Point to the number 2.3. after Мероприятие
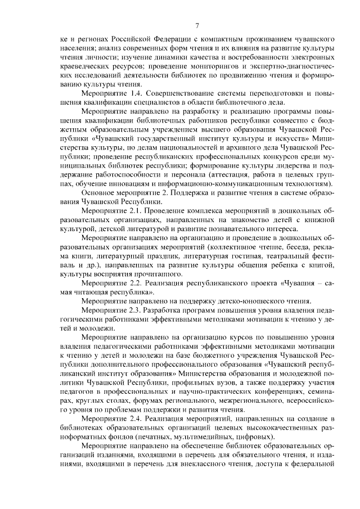click(x=131, y=309)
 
